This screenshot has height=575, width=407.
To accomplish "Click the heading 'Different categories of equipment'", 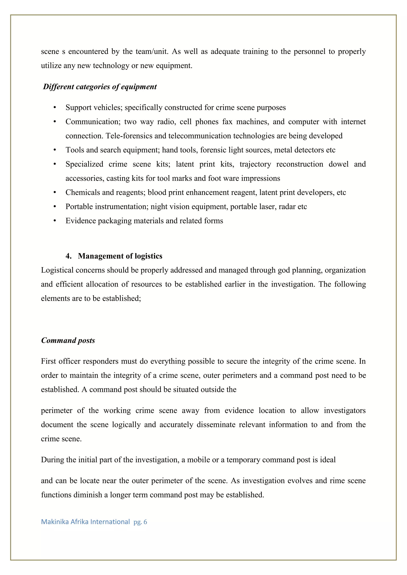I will tap(100, 87).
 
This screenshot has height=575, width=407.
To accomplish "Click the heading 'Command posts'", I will tap(68, 340).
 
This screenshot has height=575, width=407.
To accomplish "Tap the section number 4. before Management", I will tap(68, 256).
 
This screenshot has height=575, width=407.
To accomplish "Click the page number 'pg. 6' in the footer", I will tap(140, 522).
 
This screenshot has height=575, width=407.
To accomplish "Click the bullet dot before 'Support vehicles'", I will tap(55, 108).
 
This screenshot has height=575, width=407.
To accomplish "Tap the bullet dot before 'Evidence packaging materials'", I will tap(55, 221).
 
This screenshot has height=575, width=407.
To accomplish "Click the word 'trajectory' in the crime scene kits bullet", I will tap(255, 164).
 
